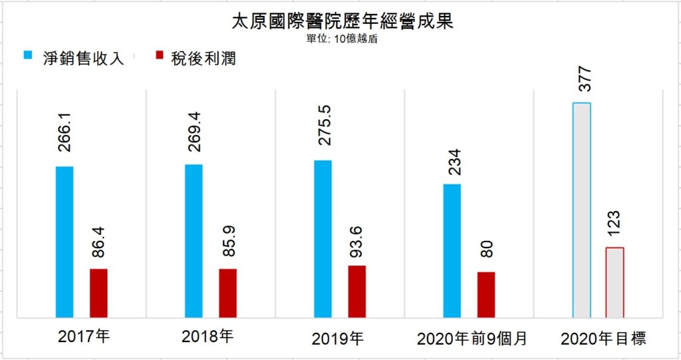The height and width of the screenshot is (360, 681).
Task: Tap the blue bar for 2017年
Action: click(65, 242)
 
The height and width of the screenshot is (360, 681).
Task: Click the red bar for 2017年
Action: click(98, 293)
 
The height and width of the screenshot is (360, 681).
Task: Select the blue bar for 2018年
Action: click(194, 241)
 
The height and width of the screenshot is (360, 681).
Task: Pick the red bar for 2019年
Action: click(357, 291)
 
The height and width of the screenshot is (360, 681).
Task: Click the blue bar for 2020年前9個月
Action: click(452, 251)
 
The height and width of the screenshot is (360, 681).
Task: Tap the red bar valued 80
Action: click(486, 295)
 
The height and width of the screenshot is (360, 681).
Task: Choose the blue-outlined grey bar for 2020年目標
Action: click(582, 210)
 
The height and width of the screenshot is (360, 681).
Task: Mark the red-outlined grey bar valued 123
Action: click(615, 283)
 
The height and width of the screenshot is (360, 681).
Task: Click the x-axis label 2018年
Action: click(207, 337)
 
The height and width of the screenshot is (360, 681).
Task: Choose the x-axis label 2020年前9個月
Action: click(472, 339)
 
